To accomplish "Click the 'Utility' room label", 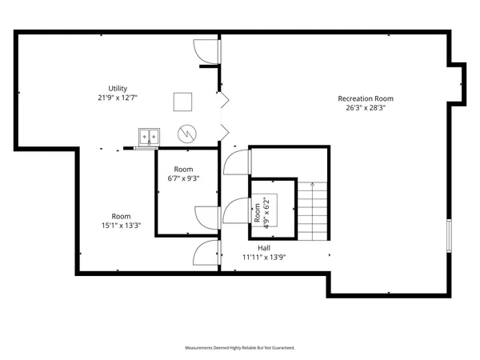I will pyautogui.click(x=118, y=88).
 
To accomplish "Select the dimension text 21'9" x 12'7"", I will pyautogui.click(x=118, y=98).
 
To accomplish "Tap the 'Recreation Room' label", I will pyautogui.click(x=360, y=98).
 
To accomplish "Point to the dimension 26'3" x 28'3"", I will pyautogui.click(x=360, y=108).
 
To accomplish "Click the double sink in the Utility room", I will pyautogui.click(x=148, y=138).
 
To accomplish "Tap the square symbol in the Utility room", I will pyautogui.click(x=183, y=101).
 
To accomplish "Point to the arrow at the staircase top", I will pyautogui.click(x=313, y=186).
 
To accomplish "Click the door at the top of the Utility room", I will pyautogui.click(x=206, y=51).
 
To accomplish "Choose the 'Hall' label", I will pyautogui.click(x=263, y=248).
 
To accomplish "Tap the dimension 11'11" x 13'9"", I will pyautogui.click(x=263, y=258).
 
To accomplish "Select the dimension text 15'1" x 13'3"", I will pyautogui.click(x=121, y=226).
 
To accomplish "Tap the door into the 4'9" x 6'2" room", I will pyautogui.click(x=238, y=210).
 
